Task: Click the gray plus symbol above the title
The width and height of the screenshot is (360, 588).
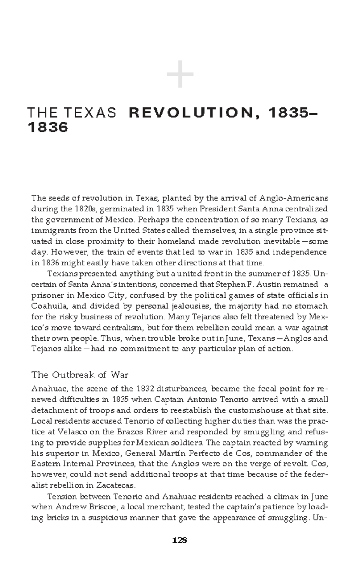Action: click(x=180, y=74)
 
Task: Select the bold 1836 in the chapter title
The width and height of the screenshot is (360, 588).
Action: click(x=48, y=127)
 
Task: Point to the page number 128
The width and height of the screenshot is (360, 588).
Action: click(x=180, y=540)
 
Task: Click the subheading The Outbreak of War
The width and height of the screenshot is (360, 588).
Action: click(x=80, y=375)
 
